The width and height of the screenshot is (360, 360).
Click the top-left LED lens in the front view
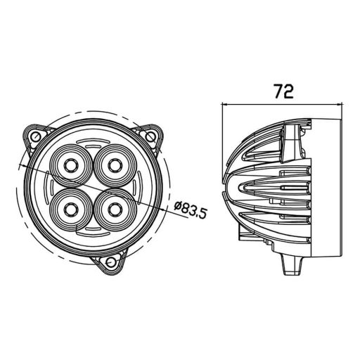point(71,165)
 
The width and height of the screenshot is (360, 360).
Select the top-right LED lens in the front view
point(112,164)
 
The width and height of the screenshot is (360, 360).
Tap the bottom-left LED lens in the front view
point(71,206)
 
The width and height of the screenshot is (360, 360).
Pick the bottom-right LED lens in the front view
point(112,206)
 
